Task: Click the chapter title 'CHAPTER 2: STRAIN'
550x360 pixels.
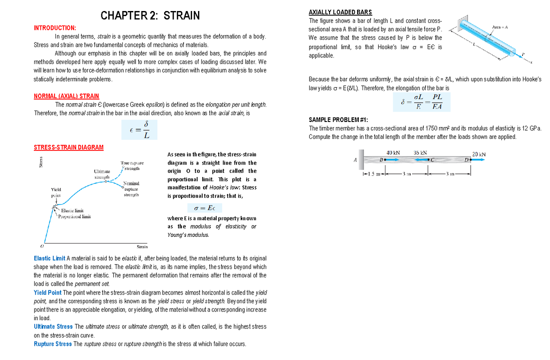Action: coord(150,16)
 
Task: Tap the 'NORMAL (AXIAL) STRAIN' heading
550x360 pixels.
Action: coord(66,96)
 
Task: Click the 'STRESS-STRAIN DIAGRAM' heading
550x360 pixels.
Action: coord(69,147)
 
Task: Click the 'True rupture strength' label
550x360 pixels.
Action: coord(132,166)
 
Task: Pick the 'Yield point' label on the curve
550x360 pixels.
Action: coord(56,192)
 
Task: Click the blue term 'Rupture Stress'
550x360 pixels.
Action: coord(53,344)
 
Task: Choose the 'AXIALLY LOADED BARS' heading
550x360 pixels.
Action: coord(341,12)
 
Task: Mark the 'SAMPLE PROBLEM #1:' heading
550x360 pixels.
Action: coord(338,120)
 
